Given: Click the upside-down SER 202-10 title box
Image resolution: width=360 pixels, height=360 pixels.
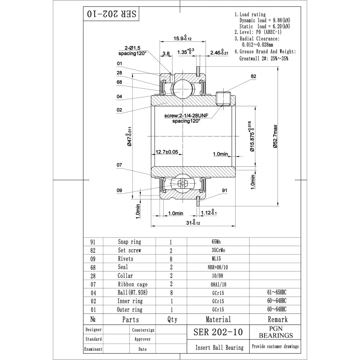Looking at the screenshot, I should click(111, 14).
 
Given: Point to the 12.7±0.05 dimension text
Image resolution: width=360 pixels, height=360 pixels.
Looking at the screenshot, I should click(166, 152).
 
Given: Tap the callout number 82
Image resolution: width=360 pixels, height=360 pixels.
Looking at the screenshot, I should click(253, 76).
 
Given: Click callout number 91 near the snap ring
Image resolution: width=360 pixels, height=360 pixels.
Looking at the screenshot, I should click(224, 190).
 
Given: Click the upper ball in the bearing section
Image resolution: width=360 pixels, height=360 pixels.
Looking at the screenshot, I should click(179, 87).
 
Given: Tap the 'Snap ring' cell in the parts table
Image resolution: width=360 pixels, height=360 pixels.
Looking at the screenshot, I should click(130, 242).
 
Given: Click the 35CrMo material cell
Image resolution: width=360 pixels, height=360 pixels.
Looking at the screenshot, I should click(218, 250).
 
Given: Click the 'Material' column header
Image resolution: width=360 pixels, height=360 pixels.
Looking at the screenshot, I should click(218, 319).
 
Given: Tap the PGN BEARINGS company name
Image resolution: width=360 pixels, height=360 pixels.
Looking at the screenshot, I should click(276, 332).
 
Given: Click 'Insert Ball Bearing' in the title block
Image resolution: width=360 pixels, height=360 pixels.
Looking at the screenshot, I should click(219, 347).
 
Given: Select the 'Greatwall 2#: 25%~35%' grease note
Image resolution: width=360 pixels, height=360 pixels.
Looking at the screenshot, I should click(264, 58).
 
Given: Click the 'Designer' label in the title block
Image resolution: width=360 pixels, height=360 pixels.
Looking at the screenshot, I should click(94, 330).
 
